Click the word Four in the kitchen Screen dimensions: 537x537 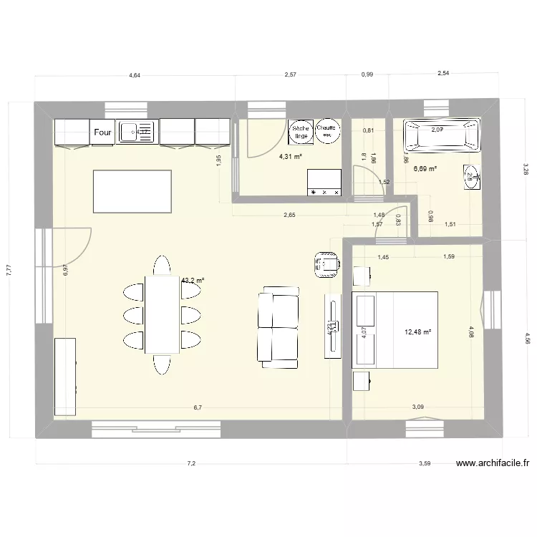click(x=102, y=132)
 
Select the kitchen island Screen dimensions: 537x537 click(x=132, y=191)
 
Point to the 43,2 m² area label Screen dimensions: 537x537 click(x=192, y=281)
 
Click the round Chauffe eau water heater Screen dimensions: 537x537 click(x=328, y=129)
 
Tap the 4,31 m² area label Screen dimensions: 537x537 click(x=290, y=156)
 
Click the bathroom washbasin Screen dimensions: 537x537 click(x=470, y=176)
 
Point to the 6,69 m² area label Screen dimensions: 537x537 click(x=425, y=169)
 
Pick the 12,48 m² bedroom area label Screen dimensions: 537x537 click(x=417, y=332)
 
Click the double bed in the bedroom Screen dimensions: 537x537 click(x=395, y=329)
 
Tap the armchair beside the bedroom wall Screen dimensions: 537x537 click(x=326, y=263)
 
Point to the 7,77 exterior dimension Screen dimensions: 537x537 click(x=9, y=269)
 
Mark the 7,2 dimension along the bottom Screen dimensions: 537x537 click(x=191, y=464)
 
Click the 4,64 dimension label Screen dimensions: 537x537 click(x=135, y=74)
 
